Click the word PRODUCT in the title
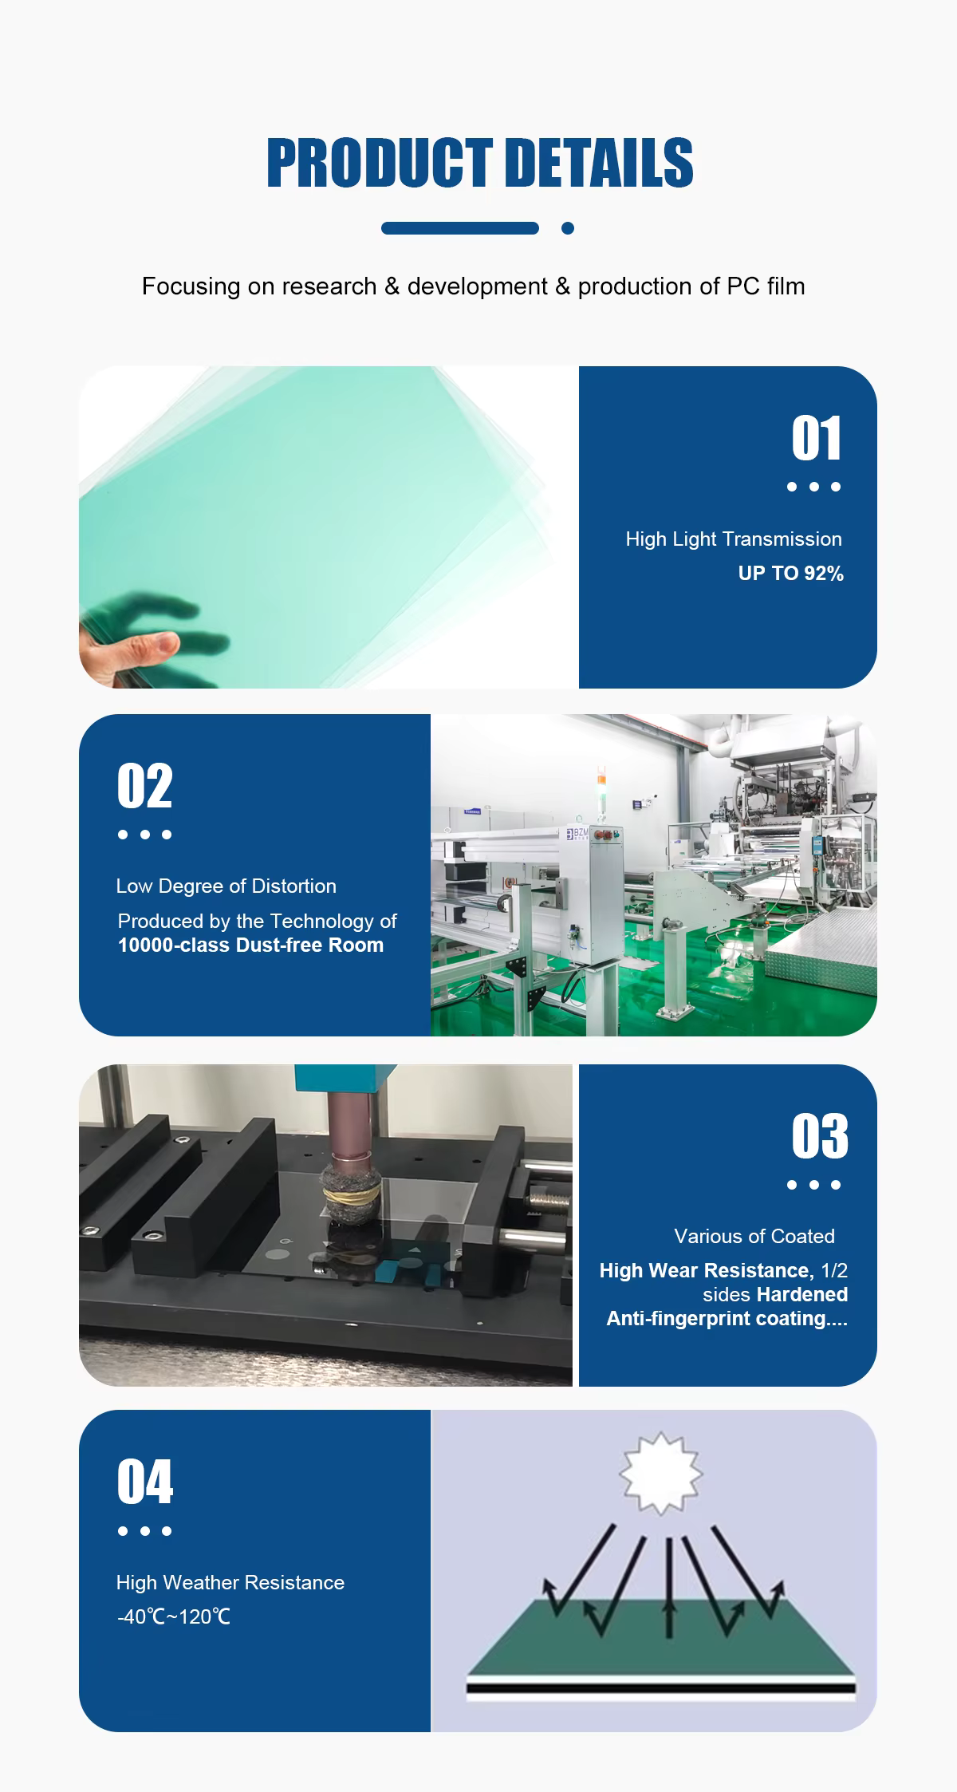coord(380,163)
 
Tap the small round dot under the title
coord(568,228)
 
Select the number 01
coord(816,438)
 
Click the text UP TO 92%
coord(790,574)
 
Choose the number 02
coord(144,786)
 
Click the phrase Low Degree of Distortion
coord(226,886)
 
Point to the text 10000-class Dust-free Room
coord(251,945)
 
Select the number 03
coord(820,1135)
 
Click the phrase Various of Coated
coord(754,1236)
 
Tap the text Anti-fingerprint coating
coord(715,1318)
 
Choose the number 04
coord(144,1482)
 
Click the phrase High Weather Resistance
coord(230,1582)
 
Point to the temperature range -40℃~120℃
coord(173,1617)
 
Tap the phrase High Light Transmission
coord(734,539)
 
